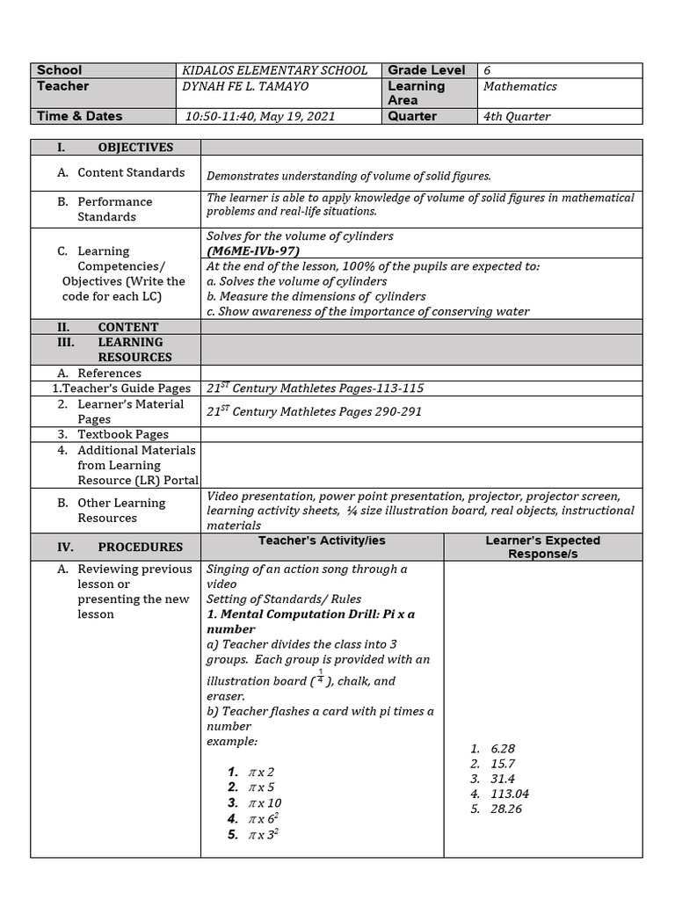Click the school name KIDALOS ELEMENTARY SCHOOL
pyautogui.click(x=274, y=70)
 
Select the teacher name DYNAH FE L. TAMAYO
pyautogui.click(x=245, y=86)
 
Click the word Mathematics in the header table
pyautogui.click(x=519, y=86)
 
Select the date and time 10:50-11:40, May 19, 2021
pyautogui.click(x=260, y=116)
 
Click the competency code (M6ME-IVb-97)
pyautogui.click(x=253, y=250)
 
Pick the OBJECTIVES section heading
pyautogui.click(x=135, y=148)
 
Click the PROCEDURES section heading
pyautogui.click(x=140, y=547)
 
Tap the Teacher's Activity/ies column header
pyautogui.click(x=322, y=541)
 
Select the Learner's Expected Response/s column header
pyautogui.click(x=542, y=547)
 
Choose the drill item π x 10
pyautogui.click(x=265, y=802)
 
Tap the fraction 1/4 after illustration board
pyautogui.click(x=320, y=678)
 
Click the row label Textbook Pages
pyautogui.click(x=123, y=434)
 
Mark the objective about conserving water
pyautogui.click(x=368, y=311)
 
